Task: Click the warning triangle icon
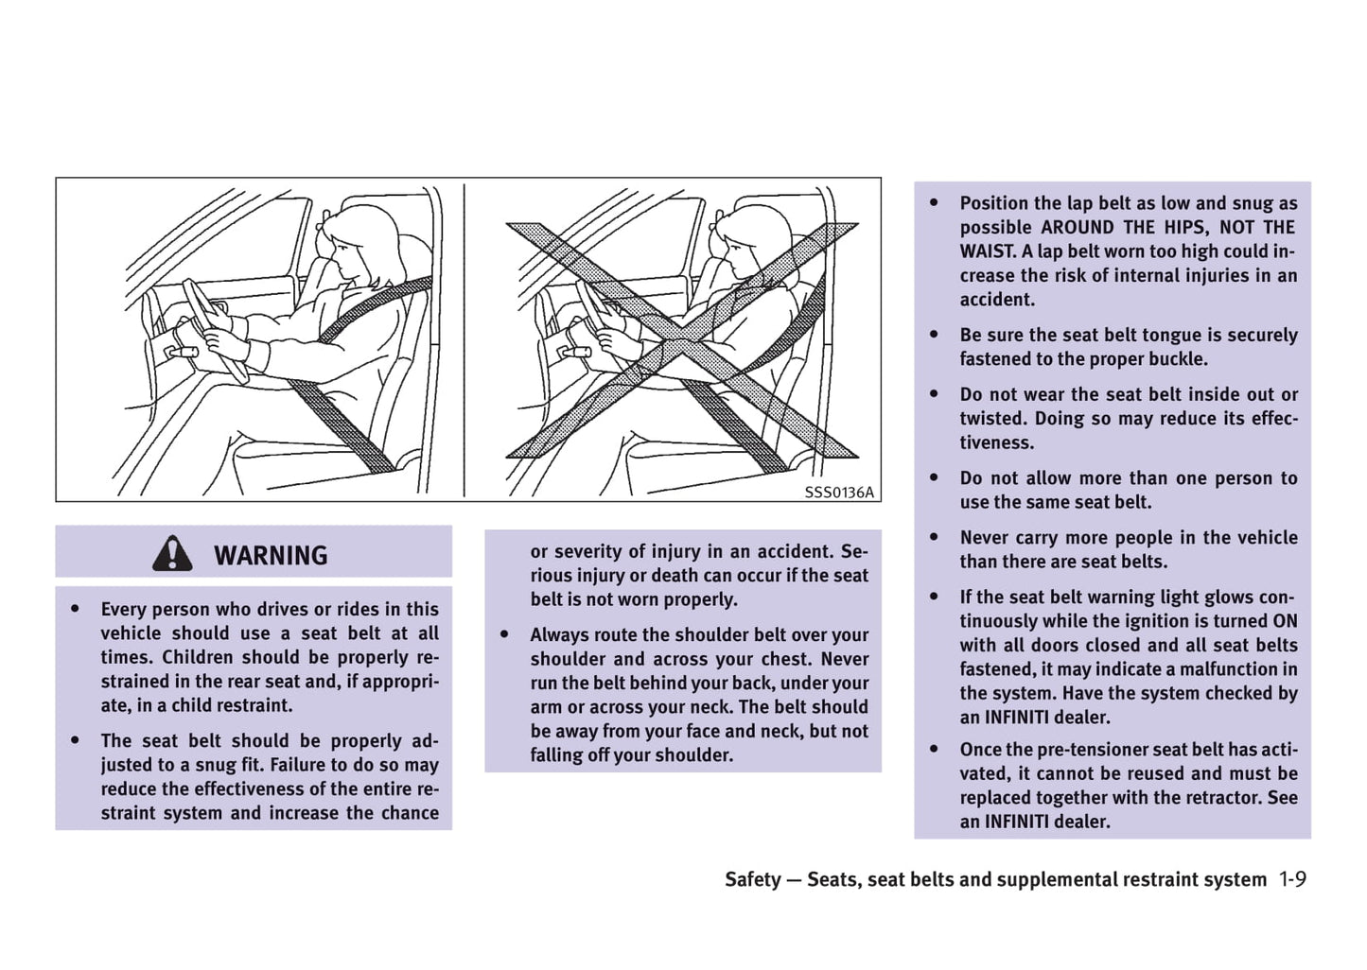click(172, 553)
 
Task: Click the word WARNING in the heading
click(271, 555)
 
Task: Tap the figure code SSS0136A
click(839, 492)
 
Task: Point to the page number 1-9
click(1292, 879)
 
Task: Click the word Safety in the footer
click(753, 879)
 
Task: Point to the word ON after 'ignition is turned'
click(1285, 621)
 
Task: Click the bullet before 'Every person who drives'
click(76, 609)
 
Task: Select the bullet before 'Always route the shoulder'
click(505, 634)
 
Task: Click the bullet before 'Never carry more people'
click(935, 537)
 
